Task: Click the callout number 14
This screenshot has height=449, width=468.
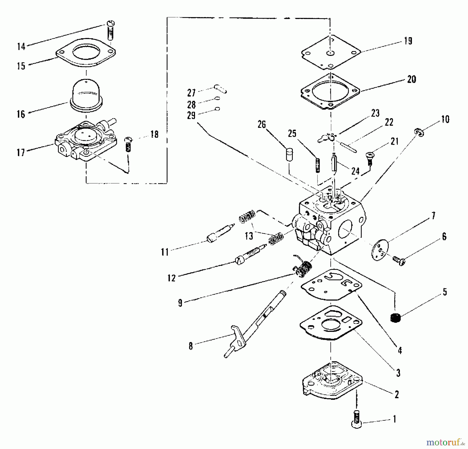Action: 21,47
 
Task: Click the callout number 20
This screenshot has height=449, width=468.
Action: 411,79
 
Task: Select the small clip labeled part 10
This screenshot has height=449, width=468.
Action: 419,132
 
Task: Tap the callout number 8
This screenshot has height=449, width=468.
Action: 191,346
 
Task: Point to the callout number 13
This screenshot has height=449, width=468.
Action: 249,236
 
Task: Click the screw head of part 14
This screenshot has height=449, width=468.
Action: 111,24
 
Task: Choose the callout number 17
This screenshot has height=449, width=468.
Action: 21,153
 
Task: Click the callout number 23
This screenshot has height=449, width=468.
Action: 375,113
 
